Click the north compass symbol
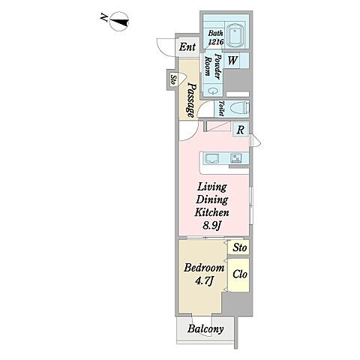(x=119, y=22)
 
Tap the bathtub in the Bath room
(x=235, y=35)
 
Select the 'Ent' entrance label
(x=187, y=46)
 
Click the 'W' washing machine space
(x=232, y=60)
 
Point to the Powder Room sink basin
(x=213, y=91)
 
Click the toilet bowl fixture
(x=239, y=109)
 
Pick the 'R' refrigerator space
(x=240, y=130)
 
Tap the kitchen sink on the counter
(x=212, y=158)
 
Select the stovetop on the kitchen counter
(x=235, y=157)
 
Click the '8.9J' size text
(x=211, y=226)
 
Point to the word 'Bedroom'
(x=204, y=268)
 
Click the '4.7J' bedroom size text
(x=204, y=281)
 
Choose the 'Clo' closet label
(x=239, y=274)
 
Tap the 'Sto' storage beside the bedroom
(x=239, y=247)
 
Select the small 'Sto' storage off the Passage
(x=173, y=80)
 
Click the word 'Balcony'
(x=205, y=328)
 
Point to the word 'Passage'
(x=191, y=100)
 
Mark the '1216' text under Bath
(x=216, y=41)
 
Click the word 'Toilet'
(x=220, y=109)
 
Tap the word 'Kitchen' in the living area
(x=211, y=212)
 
